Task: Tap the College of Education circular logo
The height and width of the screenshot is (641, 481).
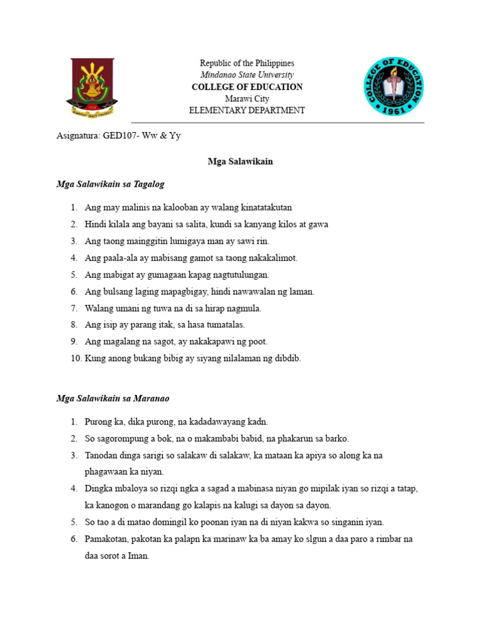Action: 394,87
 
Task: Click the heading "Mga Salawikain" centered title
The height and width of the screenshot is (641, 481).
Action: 240,162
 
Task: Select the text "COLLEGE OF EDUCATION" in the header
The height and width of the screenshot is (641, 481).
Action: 247,87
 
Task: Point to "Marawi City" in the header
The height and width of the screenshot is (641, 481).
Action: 247,99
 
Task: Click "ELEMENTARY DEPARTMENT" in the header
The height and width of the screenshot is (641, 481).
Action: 247,111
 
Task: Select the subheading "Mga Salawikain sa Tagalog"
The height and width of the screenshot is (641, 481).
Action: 110,184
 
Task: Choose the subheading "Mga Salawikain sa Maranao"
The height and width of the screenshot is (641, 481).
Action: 113,398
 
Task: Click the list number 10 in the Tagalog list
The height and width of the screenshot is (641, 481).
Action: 75,359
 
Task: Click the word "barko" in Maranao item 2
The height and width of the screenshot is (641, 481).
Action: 337,438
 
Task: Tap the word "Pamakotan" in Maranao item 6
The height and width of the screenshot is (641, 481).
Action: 105,539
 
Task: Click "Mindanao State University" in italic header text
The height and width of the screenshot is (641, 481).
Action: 247,75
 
